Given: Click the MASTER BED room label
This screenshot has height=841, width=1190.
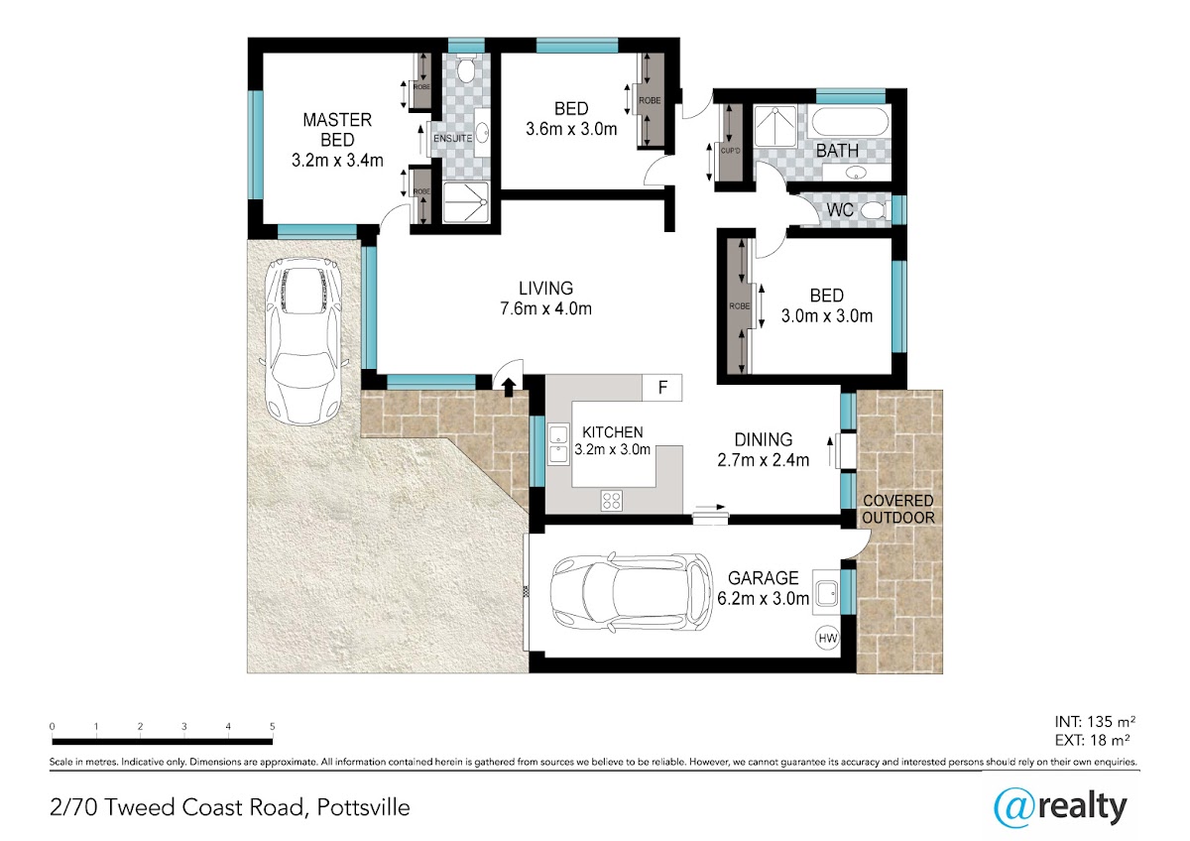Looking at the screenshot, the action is point(337,130).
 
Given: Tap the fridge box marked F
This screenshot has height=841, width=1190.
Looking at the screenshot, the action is point(662,388).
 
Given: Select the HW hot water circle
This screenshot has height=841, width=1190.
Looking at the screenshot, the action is point(828,638).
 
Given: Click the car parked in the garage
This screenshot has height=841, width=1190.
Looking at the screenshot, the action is point(631,592).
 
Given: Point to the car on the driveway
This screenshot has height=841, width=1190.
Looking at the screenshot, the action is point(303,341).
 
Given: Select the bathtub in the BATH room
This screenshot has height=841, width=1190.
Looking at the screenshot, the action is point(849,122).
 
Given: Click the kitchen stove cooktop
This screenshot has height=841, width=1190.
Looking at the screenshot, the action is point(612,501).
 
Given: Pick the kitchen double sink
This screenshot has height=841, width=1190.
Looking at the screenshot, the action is point(558,444).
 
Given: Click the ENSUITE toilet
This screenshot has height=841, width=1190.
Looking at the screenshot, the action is point(466,69).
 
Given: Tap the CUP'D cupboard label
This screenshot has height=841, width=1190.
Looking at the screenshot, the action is point(731,151).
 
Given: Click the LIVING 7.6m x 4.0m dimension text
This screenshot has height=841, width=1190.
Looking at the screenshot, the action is point(546,308).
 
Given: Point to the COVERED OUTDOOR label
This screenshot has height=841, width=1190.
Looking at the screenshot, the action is point(898,509).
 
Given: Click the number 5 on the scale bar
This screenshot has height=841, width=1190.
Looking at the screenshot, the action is point(272,726).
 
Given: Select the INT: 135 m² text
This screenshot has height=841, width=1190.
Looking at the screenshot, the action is point(1095,721).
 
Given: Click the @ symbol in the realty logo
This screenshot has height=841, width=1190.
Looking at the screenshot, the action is point(1014,808).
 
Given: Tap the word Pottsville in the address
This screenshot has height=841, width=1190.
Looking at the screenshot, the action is point(363,807).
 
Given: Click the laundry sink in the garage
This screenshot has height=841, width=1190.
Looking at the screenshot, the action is point(826,593).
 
